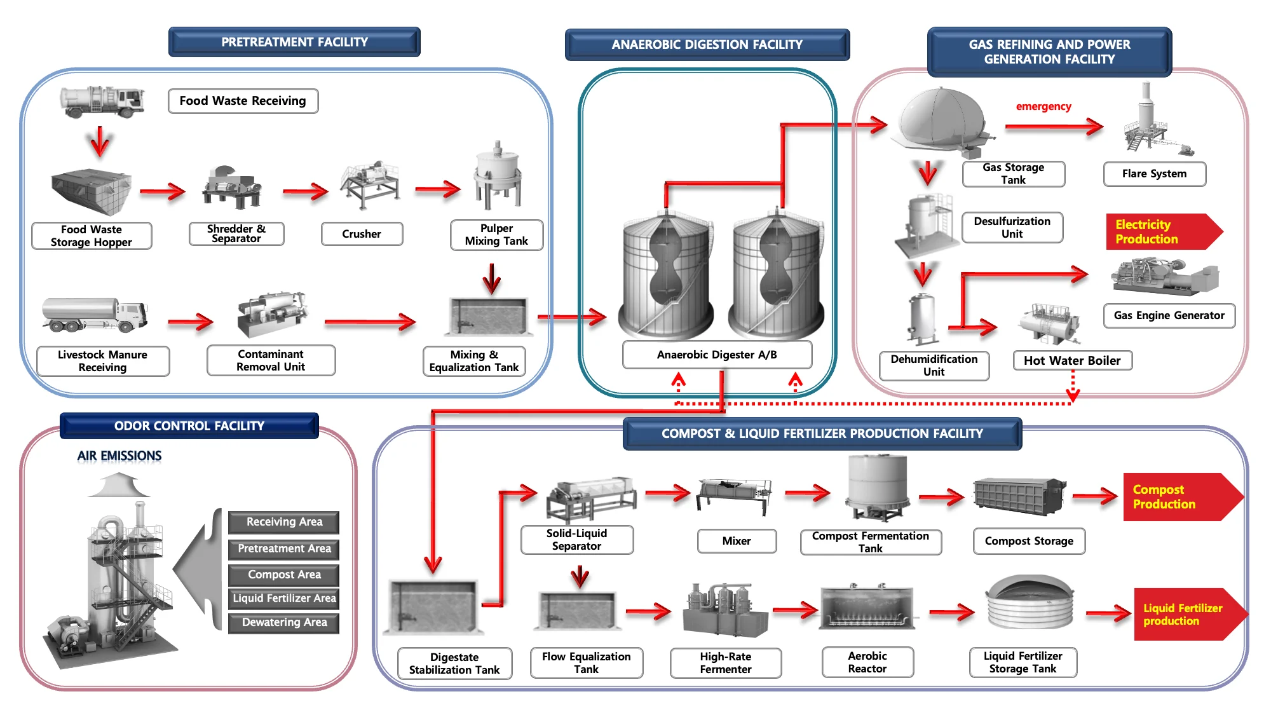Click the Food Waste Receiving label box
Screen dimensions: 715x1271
tap(243, 101)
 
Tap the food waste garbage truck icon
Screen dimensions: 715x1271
tap(102, 102)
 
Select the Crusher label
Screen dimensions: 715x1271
tap(362, 234)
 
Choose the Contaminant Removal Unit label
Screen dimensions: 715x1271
tap(271, 360)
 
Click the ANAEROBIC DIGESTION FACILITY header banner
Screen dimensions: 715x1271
tap(707, 44)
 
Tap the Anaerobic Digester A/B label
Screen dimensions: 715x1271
tap(717, 355)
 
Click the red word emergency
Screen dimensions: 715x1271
tap(1043, 106)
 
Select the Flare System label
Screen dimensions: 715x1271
tap(1154, 174)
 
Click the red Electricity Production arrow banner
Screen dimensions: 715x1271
tap(1160, 231)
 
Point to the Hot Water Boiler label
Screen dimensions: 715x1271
tap(1072, 360)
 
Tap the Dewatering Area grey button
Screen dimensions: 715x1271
tap(284, 623)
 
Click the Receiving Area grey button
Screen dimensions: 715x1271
tap(284, 522)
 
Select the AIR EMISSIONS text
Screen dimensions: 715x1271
tap(119, 456)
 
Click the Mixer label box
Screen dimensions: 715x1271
tap(737, 541)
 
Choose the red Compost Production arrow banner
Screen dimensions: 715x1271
tap(1179, 497)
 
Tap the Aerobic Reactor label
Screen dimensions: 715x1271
tap(867, 662)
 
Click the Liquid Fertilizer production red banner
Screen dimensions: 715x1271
tap(1185, 614)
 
